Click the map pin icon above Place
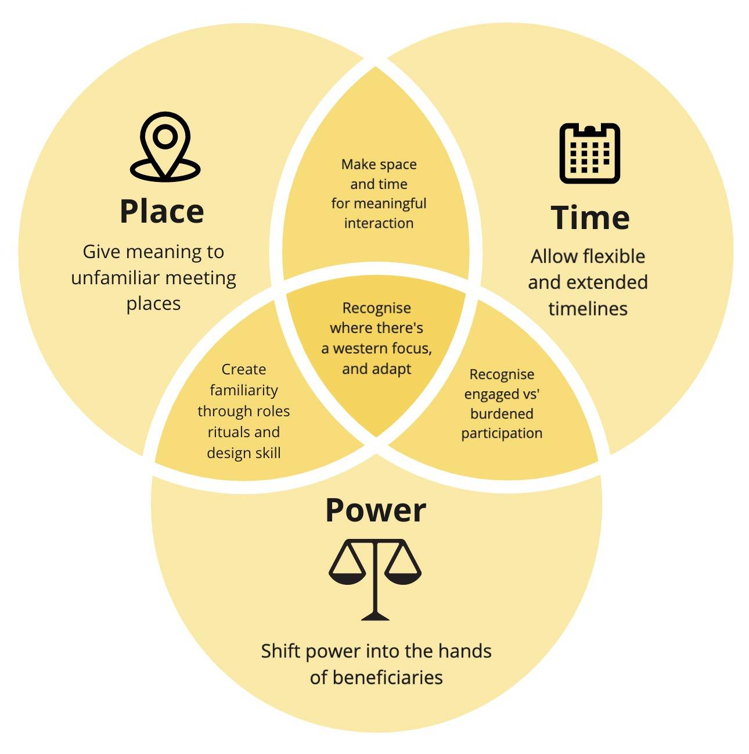pos(165,148)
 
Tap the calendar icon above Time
pos(589,153)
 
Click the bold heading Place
pos(161,211)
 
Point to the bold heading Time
pos(590,217)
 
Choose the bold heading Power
pos(376,510)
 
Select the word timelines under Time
pos(588,308)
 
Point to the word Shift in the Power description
pos(281,651)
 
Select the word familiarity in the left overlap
pos(244,390)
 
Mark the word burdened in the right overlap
pos(502,413)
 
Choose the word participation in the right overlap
pos(502,433)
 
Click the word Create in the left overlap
pos(244,369)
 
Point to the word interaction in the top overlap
pos(379,223)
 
